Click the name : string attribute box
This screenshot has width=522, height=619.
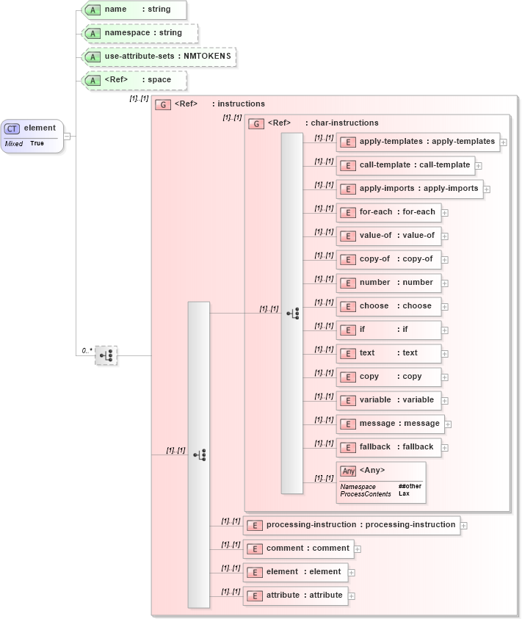point(134,10)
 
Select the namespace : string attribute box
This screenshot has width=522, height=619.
point(139,33)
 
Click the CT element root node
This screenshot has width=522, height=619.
point(32,135)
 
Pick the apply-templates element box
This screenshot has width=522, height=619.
point(418,142)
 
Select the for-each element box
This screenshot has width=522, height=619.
point(389,212)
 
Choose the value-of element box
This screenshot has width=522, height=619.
point(389,236)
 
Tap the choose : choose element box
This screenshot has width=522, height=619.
point(389,306)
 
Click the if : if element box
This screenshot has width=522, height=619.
point(389,330)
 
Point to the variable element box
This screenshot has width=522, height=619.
point(389,400)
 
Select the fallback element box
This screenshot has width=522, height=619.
point(389,447)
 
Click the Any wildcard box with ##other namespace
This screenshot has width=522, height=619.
point(381,482)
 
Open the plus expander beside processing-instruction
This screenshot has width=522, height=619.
point(464,526)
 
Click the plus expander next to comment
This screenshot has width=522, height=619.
point(358,549)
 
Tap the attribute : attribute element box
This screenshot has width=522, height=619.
point(296,596)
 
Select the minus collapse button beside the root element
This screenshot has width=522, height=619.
point(68,135)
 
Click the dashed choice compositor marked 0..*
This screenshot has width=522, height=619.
point(106,355)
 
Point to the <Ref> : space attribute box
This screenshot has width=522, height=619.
point(134,80)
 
